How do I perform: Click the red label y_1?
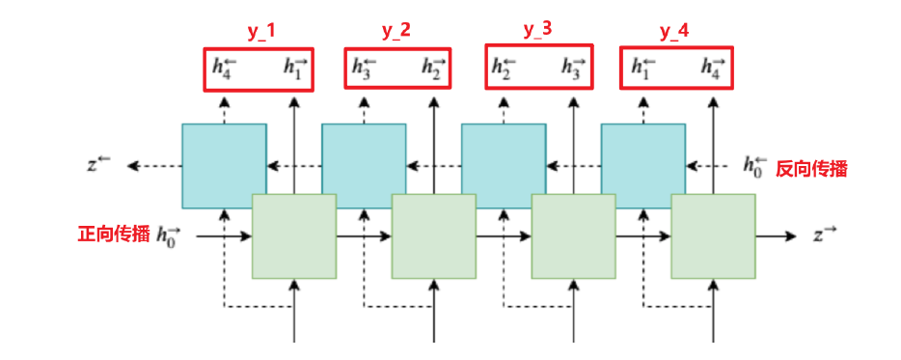tap(260, 31)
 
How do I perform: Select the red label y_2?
tap(396, 31)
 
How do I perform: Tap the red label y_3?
tap(538, 30)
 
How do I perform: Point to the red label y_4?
tap(674, 31)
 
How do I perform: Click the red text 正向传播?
tap(114, 234)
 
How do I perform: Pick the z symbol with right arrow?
tap(826, 235)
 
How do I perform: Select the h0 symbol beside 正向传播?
tap(169, 235)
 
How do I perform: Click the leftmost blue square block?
tap(224, 165)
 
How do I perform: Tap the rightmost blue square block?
tap(642, 165)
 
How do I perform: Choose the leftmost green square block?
tap(293, 236)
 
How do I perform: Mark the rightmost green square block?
tap(713, 236)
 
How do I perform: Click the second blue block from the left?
tap(363, 165)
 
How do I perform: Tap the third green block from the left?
tap(573, 236)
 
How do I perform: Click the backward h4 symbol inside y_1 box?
tap(224, 68)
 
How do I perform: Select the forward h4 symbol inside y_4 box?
tap(713, 68)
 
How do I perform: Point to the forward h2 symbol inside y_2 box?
tap(433, 68)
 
